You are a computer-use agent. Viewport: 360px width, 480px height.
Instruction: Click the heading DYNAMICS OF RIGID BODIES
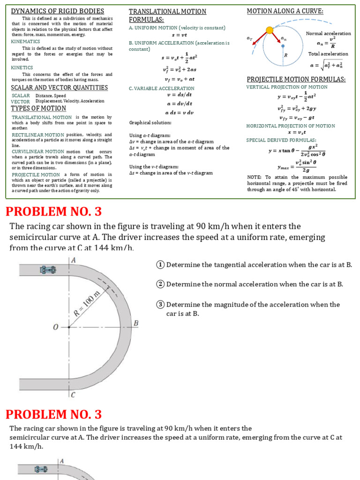pos(58,11)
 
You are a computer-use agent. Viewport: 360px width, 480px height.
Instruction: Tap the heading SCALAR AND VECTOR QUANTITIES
pos(59,88)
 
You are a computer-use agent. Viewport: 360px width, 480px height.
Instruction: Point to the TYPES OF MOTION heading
pos(38,108)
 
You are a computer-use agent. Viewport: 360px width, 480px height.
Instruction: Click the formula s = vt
pos(179,35)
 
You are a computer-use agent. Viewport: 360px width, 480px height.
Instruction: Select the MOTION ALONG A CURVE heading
pos(285,11)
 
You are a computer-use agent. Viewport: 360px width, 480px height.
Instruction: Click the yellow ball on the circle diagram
pos(270,30)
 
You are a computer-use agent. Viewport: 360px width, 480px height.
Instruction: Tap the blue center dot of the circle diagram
pos(283,46)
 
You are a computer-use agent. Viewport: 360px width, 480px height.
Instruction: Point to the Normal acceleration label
pos(328,33)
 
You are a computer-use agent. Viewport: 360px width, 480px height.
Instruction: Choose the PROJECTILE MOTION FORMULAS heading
pos(296,79)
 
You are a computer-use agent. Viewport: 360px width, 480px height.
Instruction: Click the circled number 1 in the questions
pos(160,264)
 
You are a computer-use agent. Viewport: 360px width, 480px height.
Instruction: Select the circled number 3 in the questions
pos(160,304)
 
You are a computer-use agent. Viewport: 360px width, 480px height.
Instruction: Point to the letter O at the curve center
pos(56,328)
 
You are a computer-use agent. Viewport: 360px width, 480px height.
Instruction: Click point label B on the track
pos(136,323)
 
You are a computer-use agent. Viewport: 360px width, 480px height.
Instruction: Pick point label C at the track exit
pos(73,395)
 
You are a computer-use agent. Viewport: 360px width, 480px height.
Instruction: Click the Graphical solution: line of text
pos(150,123)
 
